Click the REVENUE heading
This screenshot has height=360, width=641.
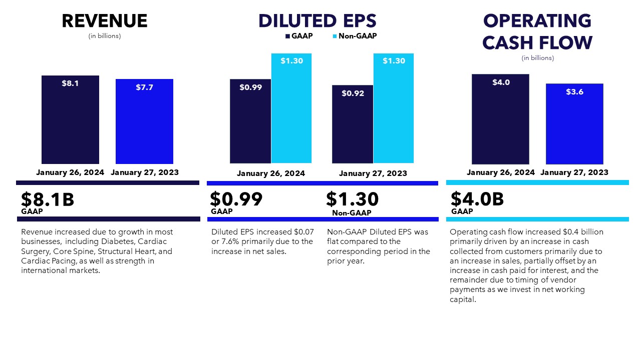pos(105,21)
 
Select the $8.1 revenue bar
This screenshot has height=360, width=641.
pos(70,120)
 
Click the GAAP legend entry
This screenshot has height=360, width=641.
pos(299,36)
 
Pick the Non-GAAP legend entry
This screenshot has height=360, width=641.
pos(354,36)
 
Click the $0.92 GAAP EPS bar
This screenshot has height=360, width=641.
pos(352,124)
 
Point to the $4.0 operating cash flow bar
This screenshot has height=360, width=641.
pos(500,119)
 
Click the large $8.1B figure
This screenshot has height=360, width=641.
pos(48,199)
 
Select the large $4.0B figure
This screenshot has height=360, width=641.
pos(477,199)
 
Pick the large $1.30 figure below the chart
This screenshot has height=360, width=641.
pos(352,199)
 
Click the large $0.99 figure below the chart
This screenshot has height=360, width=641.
pos(236,199)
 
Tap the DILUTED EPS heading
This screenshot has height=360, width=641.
pos(317,21)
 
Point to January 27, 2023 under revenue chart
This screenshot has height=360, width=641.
pos(144,172)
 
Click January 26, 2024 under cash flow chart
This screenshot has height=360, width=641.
pos(501,172)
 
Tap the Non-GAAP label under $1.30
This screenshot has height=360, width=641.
pos(352,213)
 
